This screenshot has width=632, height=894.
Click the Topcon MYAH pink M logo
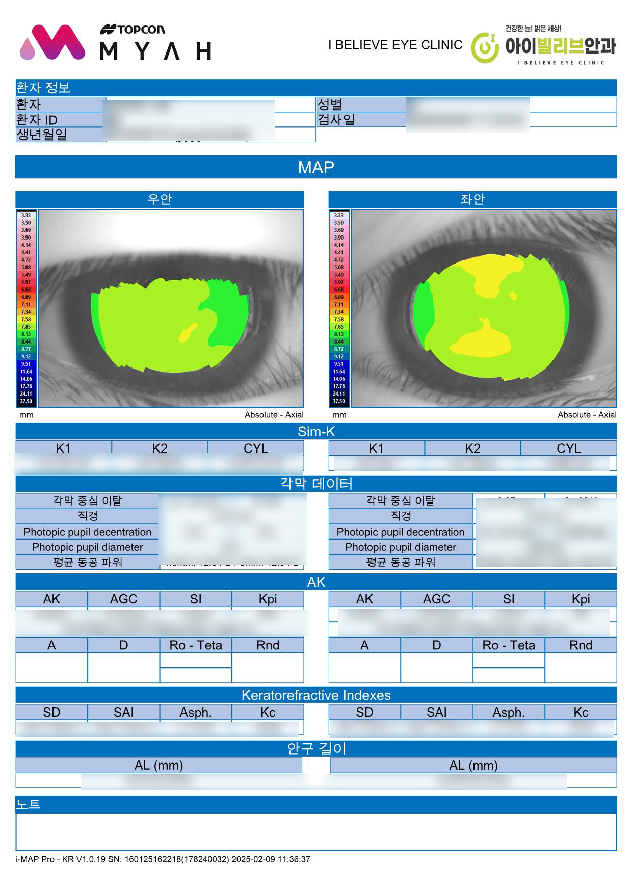53,43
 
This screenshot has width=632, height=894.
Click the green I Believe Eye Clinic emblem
485,47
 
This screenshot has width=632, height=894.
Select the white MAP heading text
316,167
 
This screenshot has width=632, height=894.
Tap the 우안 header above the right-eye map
160,199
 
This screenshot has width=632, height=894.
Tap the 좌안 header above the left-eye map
472,199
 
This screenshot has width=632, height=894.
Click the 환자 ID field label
37,120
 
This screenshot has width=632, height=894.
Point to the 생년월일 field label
42,135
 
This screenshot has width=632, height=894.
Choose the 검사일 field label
336,120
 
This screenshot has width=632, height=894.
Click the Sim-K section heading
316,432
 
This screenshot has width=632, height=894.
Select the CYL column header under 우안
255,448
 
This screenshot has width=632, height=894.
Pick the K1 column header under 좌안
376,448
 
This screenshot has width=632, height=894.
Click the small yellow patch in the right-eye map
188,332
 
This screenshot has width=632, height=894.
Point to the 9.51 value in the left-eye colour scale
339,364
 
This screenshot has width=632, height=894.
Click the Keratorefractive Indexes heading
316,695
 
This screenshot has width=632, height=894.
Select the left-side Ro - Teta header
196,645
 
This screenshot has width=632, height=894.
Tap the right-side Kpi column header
581,599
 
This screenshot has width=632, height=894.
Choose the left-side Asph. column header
196,712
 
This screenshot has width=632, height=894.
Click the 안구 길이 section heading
316,748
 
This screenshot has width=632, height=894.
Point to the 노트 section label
29,804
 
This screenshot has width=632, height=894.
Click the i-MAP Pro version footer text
163,859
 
